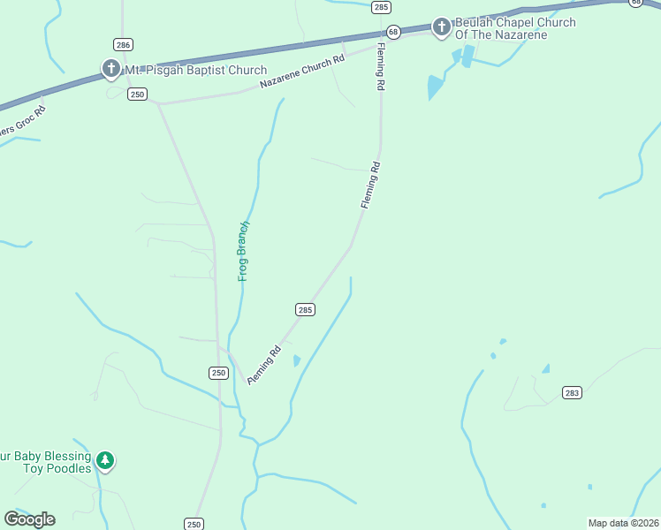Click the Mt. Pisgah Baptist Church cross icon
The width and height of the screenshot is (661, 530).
click(x=110, y=69)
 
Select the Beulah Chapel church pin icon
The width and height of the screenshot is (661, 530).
click(x=441, y=28)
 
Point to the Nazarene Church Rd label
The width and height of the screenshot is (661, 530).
click(x=302, y=73)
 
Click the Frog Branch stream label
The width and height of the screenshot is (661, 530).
click(x=245, y=251)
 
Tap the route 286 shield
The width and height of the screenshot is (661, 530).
click(x=123, y=43)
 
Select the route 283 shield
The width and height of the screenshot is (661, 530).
click(x=572, y=392)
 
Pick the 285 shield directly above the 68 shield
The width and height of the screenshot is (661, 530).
click(x=381, y=7)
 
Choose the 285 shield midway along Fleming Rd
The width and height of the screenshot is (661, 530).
click(x=304, y=309)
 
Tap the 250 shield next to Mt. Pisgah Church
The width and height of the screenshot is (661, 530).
click(x=136, y=94)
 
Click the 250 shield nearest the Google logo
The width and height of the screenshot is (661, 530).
click(x=194, y=524)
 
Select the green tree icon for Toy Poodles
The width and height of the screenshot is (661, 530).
click(x=106, y=460)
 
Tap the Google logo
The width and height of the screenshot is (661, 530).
click(x=29, y=519)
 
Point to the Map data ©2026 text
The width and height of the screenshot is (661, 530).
click(x=623, y=523)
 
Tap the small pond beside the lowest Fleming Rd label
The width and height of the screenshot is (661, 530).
click(x=297, y=360)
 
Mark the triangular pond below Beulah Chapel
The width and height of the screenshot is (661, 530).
click(x=435, y=87)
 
